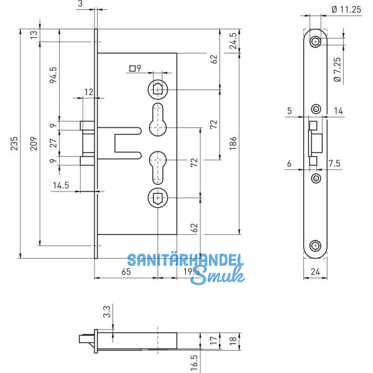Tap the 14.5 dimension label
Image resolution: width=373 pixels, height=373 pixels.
point(60,185)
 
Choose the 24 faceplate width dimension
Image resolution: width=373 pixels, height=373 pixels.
point(316,272)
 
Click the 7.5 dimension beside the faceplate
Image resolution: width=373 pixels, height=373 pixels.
point(333,163)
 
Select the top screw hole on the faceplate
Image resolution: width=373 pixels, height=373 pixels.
point(316,42)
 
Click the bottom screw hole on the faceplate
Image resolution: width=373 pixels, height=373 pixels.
point(316,244)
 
